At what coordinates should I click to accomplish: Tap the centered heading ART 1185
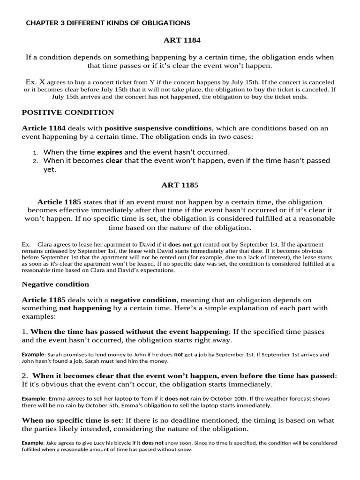[180, 185]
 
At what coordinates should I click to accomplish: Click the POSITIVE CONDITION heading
[68, 112]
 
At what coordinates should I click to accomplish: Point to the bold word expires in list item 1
[110, 152]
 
